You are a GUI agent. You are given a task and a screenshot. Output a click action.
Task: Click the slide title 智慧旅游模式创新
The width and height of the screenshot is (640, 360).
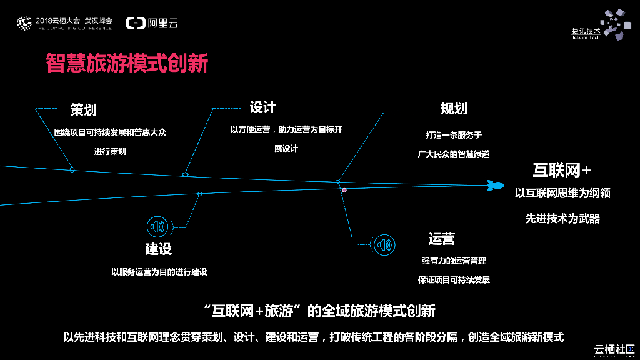click(x=127, y=63)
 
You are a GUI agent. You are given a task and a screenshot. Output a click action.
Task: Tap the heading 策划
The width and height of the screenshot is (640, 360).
click(x=83, y=111)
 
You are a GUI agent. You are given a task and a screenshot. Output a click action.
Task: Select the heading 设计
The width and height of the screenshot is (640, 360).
click(x=262, y=107)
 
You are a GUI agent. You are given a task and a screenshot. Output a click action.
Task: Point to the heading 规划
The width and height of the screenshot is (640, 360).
click(x=454, y=108)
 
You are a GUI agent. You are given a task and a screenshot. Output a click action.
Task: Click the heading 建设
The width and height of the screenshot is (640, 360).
click(x=158, y=249)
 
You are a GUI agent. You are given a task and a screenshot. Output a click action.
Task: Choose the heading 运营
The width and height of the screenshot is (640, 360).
click(x=441, y=239)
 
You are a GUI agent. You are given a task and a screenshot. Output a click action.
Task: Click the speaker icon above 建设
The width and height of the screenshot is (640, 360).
click(x=156, y=226)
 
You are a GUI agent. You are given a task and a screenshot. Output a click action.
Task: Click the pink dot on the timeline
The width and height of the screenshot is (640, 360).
click(x=344, y=189)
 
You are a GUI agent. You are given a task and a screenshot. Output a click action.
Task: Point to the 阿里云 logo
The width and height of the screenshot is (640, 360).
click(x=152, y=23)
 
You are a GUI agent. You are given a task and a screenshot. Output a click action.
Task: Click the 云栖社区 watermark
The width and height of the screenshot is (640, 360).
click(x=613, y=348)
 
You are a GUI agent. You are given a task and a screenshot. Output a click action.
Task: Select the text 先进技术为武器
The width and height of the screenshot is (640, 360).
click(x=562, y=219)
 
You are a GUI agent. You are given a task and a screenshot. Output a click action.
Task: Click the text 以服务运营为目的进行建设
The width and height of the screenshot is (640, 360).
click(x=159, y=272)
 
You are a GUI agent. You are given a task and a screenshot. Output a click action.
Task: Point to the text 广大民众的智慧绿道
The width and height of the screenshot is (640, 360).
click(x=453, y=154)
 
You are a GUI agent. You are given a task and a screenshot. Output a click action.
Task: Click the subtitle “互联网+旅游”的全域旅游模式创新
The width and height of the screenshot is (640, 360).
click(x=319, y=311)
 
